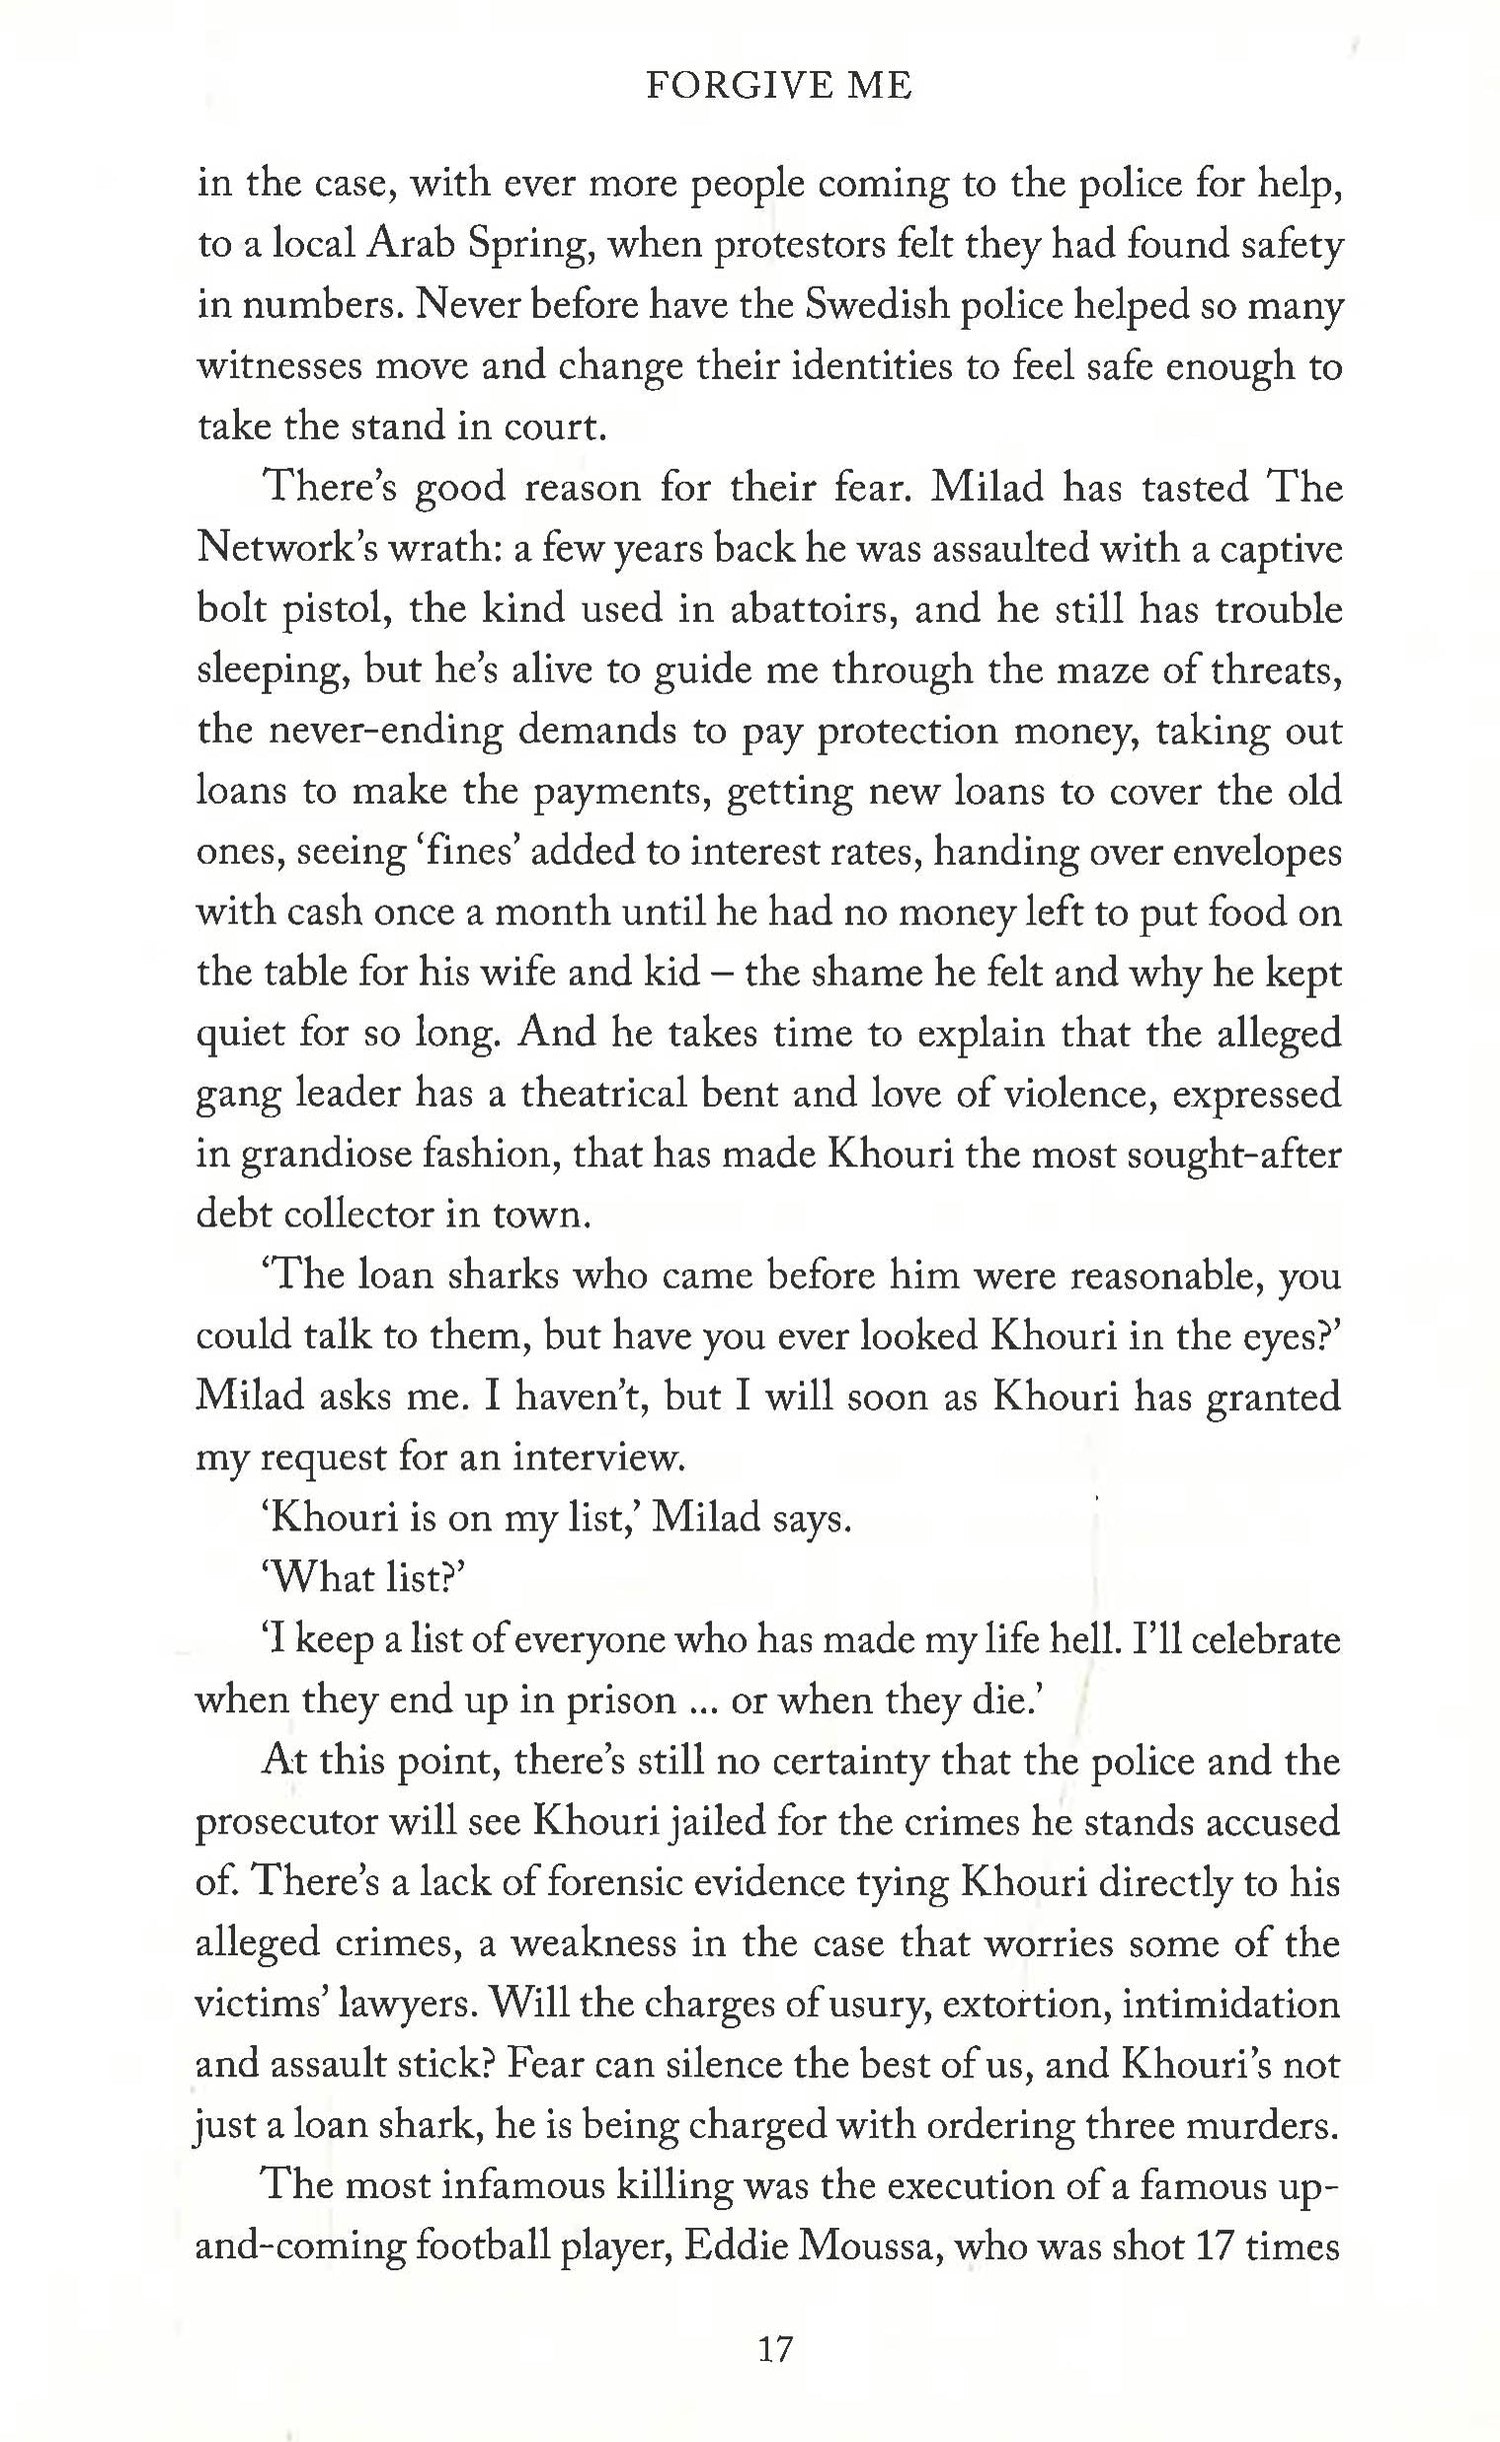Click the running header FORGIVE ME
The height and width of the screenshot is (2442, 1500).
(x=778, y=87)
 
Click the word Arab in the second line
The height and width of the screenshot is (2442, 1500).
(x=412, y=245)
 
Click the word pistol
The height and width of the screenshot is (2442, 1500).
(x=336, y=611)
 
